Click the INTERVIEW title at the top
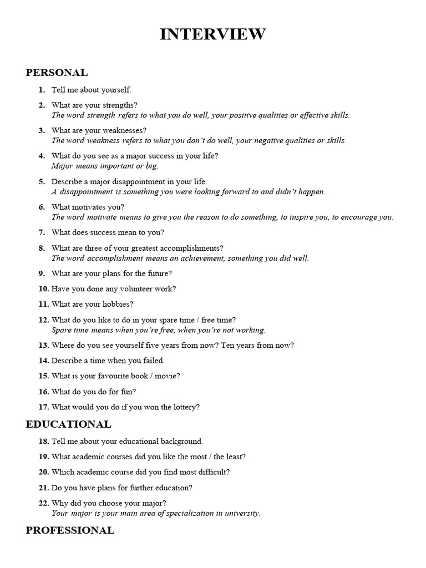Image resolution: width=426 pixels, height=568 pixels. [213, 34]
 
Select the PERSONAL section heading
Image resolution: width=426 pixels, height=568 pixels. [57, 73]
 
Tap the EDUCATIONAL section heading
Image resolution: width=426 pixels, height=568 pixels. [68, 424]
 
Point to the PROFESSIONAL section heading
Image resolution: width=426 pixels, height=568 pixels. [70, 530]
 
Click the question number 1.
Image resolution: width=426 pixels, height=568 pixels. [42, 89]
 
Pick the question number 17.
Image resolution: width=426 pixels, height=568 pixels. [44, 407]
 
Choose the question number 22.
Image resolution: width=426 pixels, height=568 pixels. [44, 503]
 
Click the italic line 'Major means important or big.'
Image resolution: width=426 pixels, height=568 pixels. [105, 165]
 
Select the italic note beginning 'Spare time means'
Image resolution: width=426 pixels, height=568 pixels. [158, 329]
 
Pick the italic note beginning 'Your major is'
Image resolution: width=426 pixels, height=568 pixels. [155, 513]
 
